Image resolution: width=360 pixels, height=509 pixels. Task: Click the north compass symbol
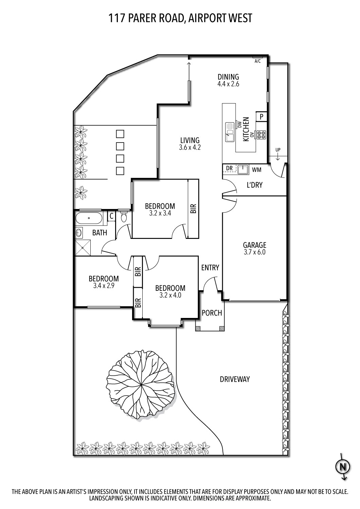[343, 467]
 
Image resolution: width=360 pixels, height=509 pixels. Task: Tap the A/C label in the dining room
[257, 61]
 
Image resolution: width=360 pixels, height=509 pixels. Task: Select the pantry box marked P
[262, 117]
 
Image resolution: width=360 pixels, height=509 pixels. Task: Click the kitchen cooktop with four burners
[261, 135]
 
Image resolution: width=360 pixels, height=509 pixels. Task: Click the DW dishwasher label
[239, 124]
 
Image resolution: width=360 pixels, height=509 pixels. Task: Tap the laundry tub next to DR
[243, 169]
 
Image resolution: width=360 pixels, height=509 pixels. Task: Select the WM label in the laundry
[256, 169]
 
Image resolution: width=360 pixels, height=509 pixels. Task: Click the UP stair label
[278, 150]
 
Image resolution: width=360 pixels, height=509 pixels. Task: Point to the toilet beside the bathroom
[124, 216]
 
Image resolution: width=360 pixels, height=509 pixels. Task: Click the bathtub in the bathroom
[89, 219]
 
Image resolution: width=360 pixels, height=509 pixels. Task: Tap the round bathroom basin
[79, 233]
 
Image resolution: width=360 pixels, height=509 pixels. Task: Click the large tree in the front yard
[141, 385]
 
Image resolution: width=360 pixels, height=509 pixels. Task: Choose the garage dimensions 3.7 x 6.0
[254, 252]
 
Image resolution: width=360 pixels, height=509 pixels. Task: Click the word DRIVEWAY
[235, 379]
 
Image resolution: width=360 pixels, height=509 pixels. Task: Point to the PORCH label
[212, 313]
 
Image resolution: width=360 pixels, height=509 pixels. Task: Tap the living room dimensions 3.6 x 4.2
[190, 148]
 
